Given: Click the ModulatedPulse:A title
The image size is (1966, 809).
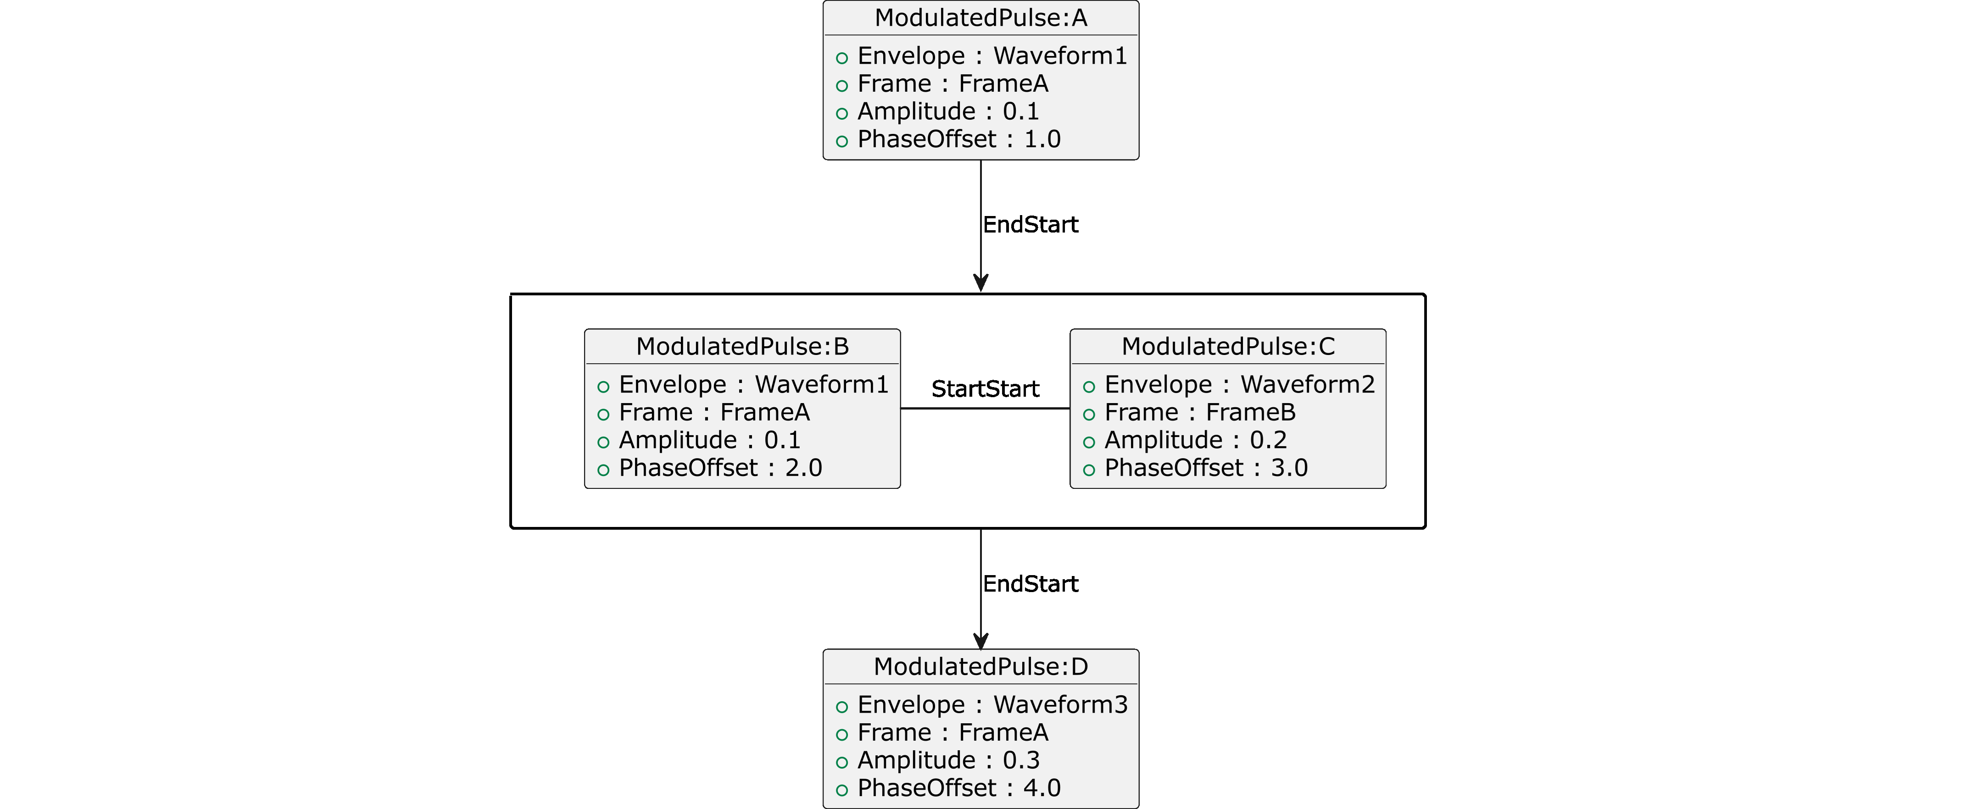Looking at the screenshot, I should click(x=981, y=17).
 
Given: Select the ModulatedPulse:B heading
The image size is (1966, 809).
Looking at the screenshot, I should click(x=742, y=347).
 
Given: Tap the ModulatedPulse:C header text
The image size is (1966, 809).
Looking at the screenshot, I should click(x=1228, y=347).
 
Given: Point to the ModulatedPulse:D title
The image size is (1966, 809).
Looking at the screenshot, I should click(x=981, y=666).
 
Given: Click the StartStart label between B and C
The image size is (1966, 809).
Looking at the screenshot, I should click(x=985, y=389).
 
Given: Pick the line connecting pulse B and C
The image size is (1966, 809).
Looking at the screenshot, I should click(x=985, y=408).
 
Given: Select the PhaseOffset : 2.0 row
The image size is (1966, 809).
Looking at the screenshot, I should click(x=720, y=468).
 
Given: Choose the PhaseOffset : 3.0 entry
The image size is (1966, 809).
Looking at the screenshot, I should click(x=1206, y=468).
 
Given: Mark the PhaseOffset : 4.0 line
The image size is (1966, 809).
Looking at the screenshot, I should click(x=958, y=787).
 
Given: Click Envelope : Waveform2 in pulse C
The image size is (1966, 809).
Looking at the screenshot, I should click(x=1239, y=385).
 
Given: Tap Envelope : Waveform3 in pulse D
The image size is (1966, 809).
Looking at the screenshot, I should click(x=991, y=704).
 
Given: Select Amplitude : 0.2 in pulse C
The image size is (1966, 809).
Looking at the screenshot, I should click(x=1195, y=440).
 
